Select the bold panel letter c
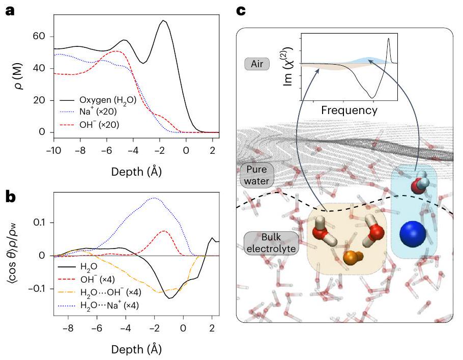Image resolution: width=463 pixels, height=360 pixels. (242, 9)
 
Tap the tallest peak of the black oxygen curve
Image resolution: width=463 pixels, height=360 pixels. (163, 21)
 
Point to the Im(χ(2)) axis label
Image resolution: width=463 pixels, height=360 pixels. (283, 71)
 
